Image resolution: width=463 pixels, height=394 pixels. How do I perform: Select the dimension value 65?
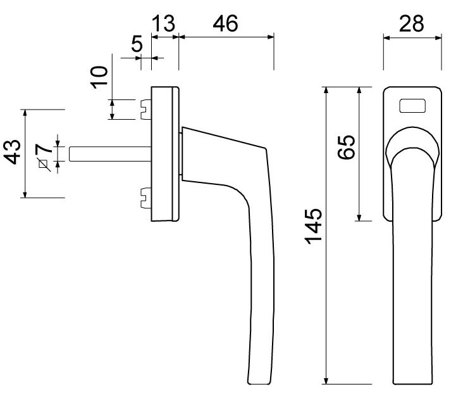(347, 147)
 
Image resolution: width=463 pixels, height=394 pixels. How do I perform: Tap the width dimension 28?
(411, 24)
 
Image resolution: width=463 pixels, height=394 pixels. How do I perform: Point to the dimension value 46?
(225, 24)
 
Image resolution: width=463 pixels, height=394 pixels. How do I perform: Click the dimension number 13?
(163, 24)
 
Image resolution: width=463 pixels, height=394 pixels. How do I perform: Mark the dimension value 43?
(12, 153)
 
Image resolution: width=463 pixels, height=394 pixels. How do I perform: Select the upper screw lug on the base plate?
(144, 109)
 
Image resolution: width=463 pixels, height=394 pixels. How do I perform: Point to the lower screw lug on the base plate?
(144, 198)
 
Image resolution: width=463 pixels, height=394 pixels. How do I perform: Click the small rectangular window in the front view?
(412, 106)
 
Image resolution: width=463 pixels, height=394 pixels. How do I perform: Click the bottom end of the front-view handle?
(413, 381)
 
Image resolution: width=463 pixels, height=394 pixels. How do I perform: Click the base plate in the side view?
(165, 154)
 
